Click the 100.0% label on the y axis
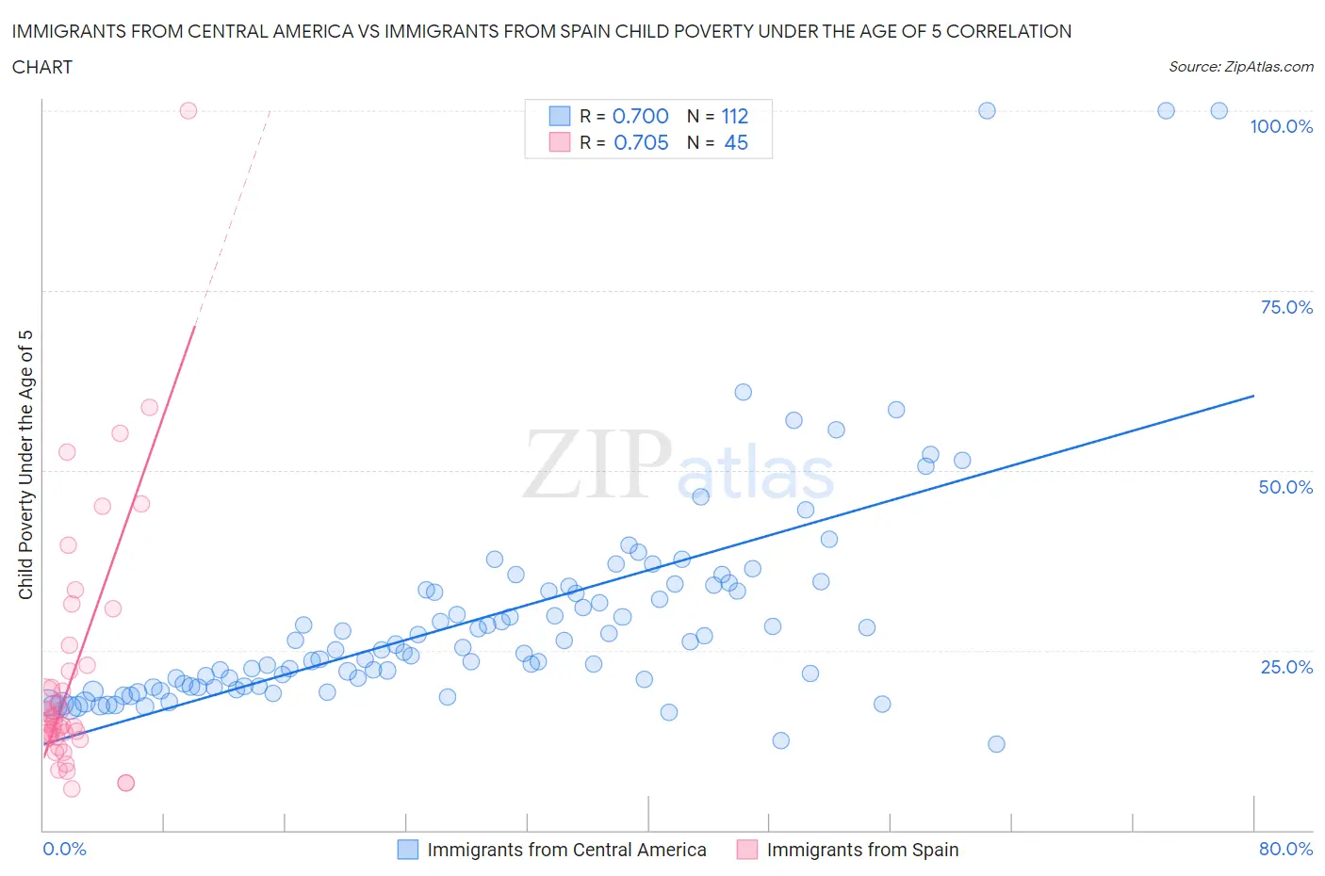[1281, 127]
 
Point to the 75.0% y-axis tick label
[1286, 307]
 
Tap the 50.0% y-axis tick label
[1285, 487]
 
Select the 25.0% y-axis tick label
[1286, 667]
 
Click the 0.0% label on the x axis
[64, 849]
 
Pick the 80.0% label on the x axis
[1285, 849]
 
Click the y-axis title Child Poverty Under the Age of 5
[25, 464]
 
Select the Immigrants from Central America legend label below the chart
[566, 850]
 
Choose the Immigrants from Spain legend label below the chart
[862, 850]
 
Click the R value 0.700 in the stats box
[641, 116]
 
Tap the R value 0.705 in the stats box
[641, 142]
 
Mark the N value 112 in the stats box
[735, 116]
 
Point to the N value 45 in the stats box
[736, 142]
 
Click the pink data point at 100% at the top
[188, 110]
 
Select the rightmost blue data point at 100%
[1219, 110]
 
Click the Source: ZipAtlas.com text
[1240, 67]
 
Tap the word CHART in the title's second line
[42, 67]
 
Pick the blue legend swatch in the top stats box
[560, 116]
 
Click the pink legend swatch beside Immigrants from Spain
[747, 850]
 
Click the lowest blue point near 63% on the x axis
[996, 744]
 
